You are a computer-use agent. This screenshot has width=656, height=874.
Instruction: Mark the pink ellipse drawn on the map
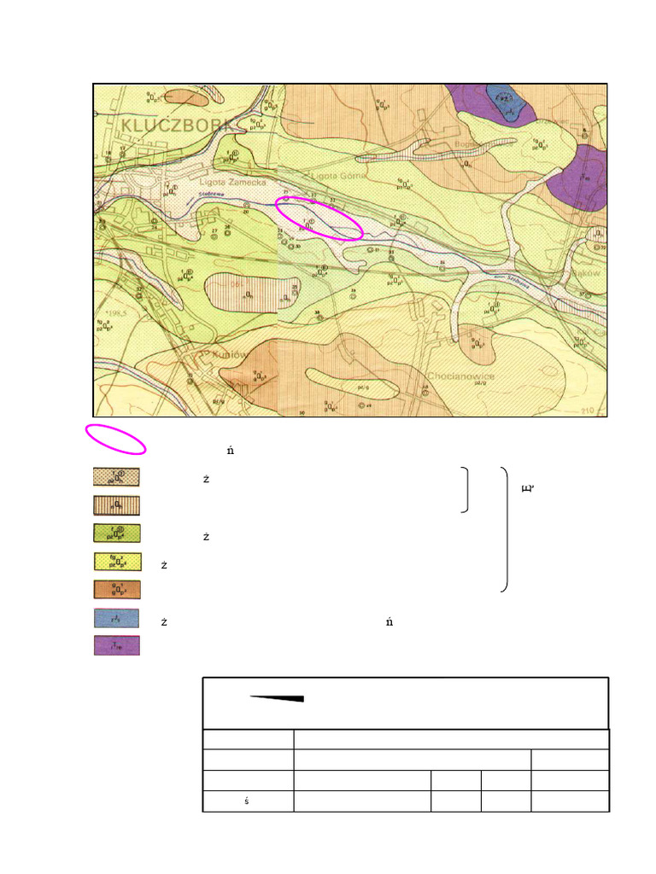[x=321, y=218]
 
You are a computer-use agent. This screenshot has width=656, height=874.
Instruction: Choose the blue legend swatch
[x=116, y=618]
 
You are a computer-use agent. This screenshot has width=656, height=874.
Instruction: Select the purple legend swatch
[x=116, y=645]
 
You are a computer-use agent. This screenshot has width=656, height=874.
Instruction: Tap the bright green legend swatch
[x=116, y=533]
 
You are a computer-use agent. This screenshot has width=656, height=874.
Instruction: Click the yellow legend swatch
[x=116, y=562]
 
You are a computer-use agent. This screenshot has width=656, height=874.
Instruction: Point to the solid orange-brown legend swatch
[x=116, y=590]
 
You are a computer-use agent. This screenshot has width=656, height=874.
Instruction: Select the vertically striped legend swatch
[x=116, y=505]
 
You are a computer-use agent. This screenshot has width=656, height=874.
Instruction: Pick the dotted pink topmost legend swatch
[x=116, y=477]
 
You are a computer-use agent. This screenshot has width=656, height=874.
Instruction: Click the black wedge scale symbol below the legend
[x=278, y=698]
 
